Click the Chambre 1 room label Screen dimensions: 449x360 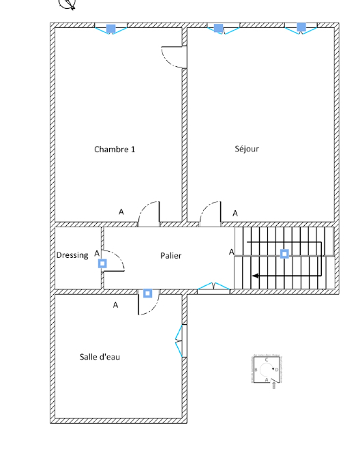[115, 149]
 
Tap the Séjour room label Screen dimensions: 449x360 [247, 149]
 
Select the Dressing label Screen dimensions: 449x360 [72, 255]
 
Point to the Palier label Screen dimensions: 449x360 [171, 256]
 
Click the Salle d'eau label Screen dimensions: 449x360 [100, 357]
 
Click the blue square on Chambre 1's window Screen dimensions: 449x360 [111, 29]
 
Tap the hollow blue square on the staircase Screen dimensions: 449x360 [284, 254]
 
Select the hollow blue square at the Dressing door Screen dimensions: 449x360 [102, 263]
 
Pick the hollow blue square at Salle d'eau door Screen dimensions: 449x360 [148, 293]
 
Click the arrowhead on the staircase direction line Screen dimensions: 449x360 [255, 276]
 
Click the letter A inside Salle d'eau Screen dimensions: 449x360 [116, 305]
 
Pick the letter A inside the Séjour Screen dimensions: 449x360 [235, 213]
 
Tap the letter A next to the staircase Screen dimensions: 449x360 [231, 252]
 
